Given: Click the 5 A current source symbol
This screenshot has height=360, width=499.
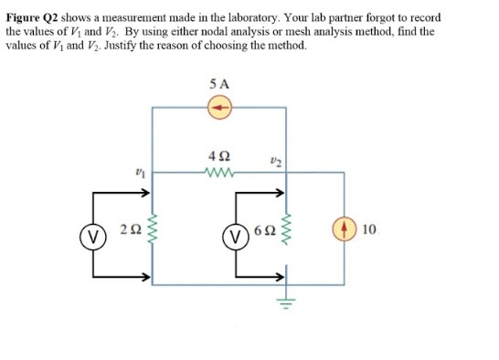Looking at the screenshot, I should click(x=219, y=109).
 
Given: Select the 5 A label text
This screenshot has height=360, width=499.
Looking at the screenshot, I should click(x=219, y=85).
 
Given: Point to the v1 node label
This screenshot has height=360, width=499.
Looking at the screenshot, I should click(x=139, y=169).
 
